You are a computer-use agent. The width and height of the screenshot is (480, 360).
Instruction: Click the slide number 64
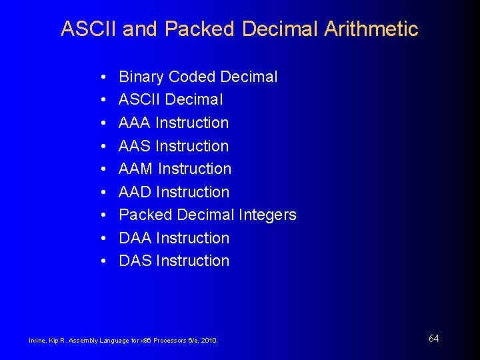click(x=433, y=339)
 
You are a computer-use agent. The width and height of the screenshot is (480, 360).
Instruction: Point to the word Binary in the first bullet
click(x=141, y=77)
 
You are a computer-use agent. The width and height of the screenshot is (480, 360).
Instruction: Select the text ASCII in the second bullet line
click(x=139, y=100)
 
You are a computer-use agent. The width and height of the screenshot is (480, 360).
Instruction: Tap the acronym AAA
click(x=135, y=123)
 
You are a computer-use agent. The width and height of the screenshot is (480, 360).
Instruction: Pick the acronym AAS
click(x=135, y=146)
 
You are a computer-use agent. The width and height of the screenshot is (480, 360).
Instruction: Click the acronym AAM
click(x=136, y=169)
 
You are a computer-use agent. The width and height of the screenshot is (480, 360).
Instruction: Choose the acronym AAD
click(x=135, y=192)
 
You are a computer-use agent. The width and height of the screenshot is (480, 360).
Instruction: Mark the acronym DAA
click(x=135, y=238)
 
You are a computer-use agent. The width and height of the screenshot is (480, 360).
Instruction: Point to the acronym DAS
click(x=135, y=261)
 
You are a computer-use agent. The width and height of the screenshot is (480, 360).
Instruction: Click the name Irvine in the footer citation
click(x=37, y=341)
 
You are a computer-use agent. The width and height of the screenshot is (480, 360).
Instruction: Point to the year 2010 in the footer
click(x=210, y=341)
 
